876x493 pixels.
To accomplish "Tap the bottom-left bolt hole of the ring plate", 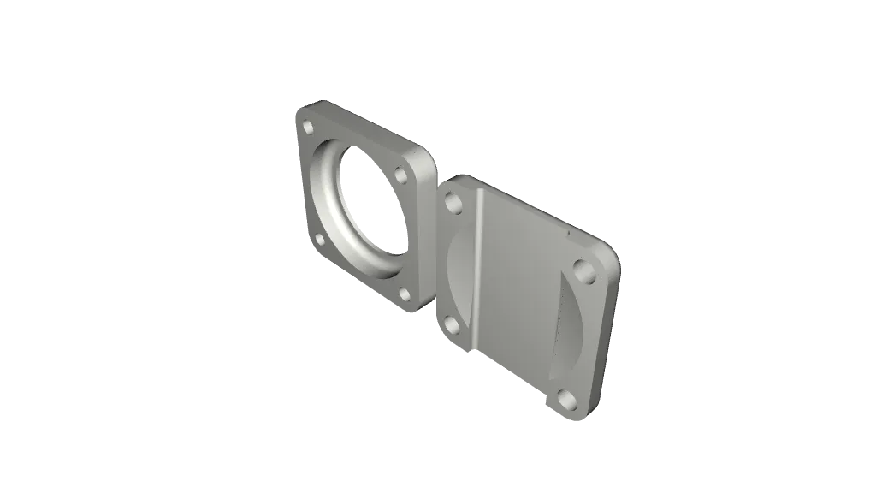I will pyautogui.click(x=320, y=240).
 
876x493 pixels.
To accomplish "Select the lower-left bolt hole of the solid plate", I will pyautogui.click(x=449, y=325).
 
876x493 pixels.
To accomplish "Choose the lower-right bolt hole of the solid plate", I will pyautogui.click(x=565, y=398).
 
